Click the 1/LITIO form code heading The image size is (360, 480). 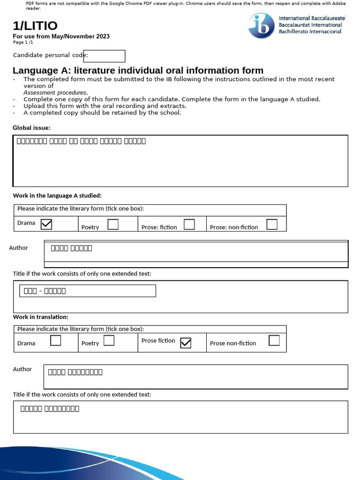pyautogui.click(x=35, y=26)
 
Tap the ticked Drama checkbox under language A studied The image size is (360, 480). pyautogui.click(x=46, y=225)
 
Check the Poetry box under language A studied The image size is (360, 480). pyautogui.click(x=113, y=225)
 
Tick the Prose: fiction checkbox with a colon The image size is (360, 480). pyautogui.click(x=189, y=225)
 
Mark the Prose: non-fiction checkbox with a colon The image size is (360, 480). pyautogui.click(x=272, y=225)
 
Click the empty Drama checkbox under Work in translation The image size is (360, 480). pyautogui.click(x=55, y=341)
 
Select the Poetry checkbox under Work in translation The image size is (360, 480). pyautogui.click(x=109, y=341)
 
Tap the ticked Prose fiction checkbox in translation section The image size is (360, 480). pyautogui.click(x=186, y=343)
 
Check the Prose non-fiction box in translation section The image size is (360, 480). pyautogui.click(x=274, y=341)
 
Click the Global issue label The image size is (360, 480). pyautogui.click(x=31, y=128)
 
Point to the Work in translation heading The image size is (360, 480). pyautogui.click(x=41, y=317)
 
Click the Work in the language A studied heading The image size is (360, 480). pyautogui.click(x=57, y=195)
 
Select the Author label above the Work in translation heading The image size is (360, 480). pyautogui.click(x=19, y=248)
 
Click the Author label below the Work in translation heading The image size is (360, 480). pyautogui.click(x=22, y=369)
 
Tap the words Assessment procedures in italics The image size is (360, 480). pyautogui.click(x=55, y=93)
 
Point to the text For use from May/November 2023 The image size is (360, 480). pyautogui.click(x=61, y=37)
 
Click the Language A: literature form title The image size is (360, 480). pyautogui.click(x=138, y=71)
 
